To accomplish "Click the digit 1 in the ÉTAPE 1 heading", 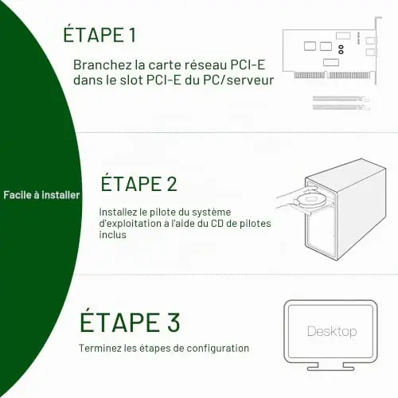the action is click(132, 35).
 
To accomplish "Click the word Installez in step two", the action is click(118, 212).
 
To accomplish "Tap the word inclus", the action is click(112, 235).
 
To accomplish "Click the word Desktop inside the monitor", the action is click(332, 331).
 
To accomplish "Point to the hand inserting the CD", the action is click(293, 197).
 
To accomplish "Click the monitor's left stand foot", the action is click(313, 367).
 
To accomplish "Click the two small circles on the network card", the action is click(341, 49).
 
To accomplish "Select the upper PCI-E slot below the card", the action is click(341, 99).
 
